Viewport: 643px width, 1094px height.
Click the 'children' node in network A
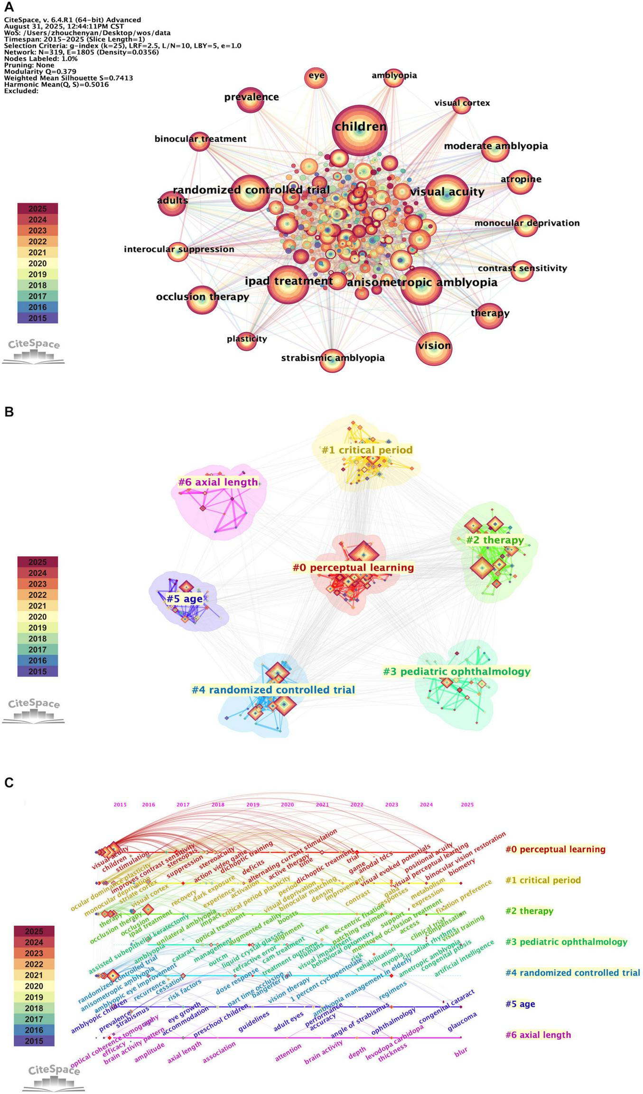coord(359,127)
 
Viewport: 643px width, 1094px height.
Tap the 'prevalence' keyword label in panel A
coord(252,97)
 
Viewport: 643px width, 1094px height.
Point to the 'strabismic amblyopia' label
coord(333,358)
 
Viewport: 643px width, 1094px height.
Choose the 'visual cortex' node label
coord(462,103)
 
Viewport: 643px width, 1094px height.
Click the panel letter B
coord(9,412)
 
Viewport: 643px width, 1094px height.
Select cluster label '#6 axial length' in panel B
coord(218,482)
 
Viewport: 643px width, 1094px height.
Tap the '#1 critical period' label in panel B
coord(367,450)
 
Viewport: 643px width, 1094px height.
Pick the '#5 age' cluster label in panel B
coord(185,599)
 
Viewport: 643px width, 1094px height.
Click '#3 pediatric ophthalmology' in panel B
coord(457,671)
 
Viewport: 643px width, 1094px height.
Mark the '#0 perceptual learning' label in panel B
coord(353,567)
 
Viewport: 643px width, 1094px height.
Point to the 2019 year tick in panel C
coord(252,805)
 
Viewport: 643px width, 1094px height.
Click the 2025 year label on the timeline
coord(467,805)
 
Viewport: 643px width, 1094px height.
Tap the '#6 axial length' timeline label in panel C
coord(538,1035)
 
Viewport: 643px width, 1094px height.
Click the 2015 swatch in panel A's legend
coord(37,318)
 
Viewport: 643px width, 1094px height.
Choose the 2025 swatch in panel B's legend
coord(37,562)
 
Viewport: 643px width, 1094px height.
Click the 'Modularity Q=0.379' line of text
coord(40,72)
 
